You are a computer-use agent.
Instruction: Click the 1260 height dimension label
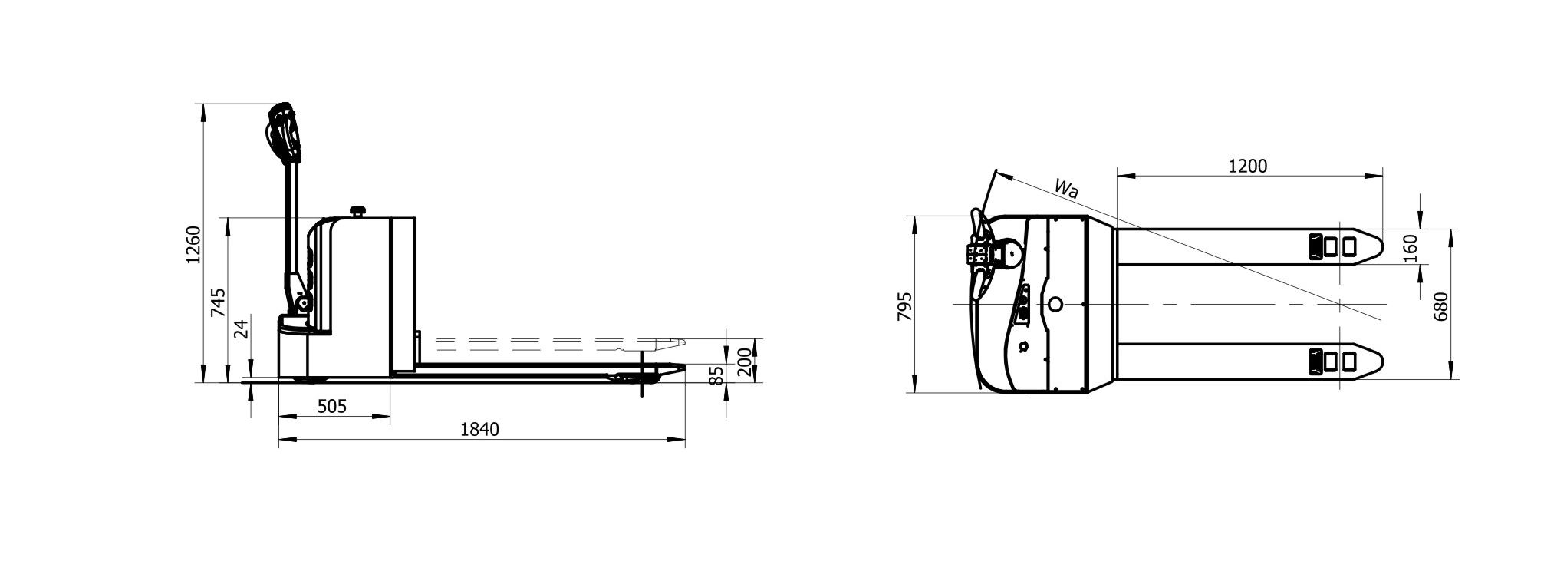(x=193, y=244)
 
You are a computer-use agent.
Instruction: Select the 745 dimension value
(x=219, y=302)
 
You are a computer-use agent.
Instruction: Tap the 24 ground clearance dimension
(x=242, y=329)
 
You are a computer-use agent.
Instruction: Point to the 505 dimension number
(x=331, y=406)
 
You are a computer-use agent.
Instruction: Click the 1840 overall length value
(x=479, y=430)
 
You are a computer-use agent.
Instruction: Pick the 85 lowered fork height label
(x=717, y=376)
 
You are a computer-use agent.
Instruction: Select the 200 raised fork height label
(x=744, y=361)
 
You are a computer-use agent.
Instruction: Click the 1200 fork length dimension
(x=1248, y=166)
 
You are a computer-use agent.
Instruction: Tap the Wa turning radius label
(x=1066, y=188)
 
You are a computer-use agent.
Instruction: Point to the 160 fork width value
(x=1410, y=247)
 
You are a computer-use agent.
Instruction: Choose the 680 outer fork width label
(x=1440, y=305)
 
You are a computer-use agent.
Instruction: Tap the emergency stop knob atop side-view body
(x=357, y=210)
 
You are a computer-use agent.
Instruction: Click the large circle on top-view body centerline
(x=1055, y=305)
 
